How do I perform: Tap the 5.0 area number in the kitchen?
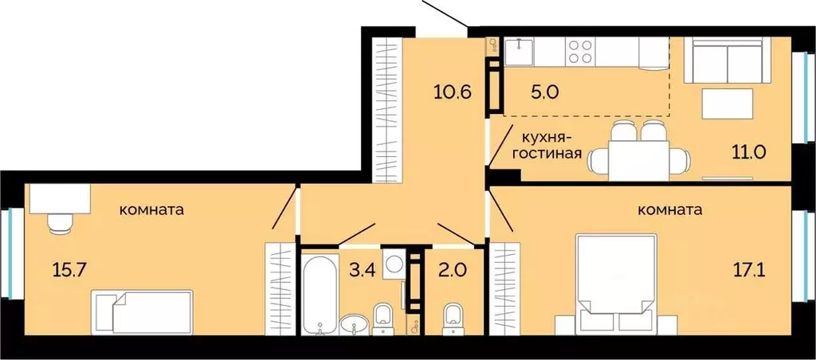point(546,91)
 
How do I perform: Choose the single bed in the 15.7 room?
point(143,312)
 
